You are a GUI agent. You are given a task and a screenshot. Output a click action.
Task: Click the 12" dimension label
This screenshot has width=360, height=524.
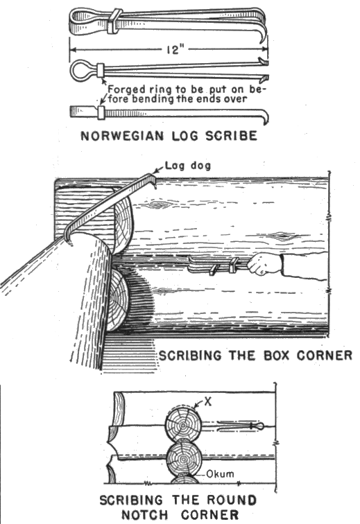click(175, 50)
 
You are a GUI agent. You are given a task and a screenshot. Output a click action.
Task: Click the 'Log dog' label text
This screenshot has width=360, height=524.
click(188, 166)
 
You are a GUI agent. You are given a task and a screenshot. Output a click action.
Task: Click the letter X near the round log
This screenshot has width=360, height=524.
click(208, 402)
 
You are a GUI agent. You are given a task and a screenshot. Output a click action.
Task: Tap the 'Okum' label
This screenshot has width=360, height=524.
click(220, 473)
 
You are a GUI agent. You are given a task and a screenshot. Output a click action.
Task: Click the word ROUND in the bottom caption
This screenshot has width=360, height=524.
click(231, 500)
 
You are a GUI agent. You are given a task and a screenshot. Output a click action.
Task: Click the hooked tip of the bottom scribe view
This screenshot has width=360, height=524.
click(266, 117)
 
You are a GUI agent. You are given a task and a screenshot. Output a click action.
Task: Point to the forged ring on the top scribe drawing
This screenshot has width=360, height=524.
click(114, 21)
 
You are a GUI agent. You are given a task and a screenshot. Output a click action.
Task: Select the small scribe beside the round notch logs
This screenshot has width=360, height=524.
click(240, 426)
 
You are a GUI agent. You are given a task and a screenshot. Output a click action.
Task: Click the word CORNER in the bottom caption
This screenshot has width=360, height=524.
click(210, 514)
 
